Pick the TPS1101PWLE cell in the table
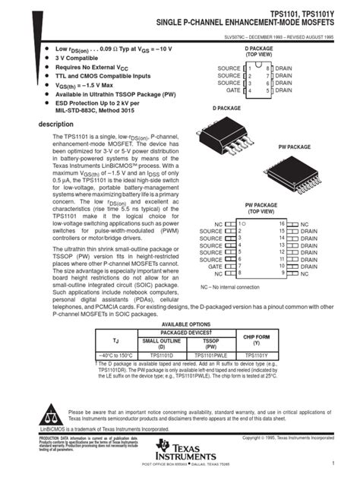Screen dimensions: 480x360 pos(212,355)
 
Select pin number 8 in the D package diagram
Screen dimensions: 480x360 pos(268,69)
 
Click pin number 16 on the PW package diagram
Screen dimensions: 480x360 pos(282,225)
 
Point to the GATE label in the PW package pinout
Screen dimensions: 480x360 pos(215,267)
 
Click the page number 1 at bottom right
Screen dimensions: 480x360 pos(333,463)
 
